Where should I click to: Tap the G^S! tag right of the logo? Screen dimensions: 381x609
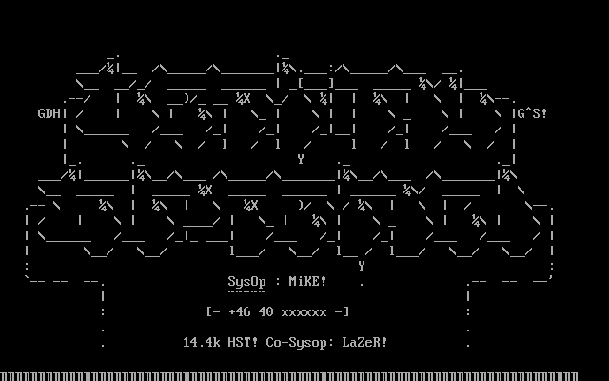[532, 113]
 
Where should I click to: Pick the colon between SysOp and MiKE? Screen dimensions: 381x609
[277, 281]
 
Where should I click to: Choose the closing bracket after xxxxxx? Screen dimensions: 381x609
[345, 311]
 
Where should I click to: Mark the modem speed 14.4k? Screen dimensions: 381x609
[201, 342]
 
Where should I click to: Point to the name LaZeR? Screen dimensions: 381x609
[364, 342]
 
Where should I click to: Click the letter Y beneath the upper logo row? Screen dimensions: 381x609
[301, 159]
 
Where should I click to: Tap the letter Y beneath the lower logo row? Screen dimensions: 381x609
[362, 266]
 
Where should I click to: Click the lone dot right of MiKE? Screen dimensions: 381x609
[362, 283]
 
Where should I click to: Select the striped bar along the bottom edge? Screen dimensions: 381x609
[304, 376]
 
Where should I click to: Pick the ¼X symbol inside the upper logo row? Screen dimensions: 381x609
[243, 98]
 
